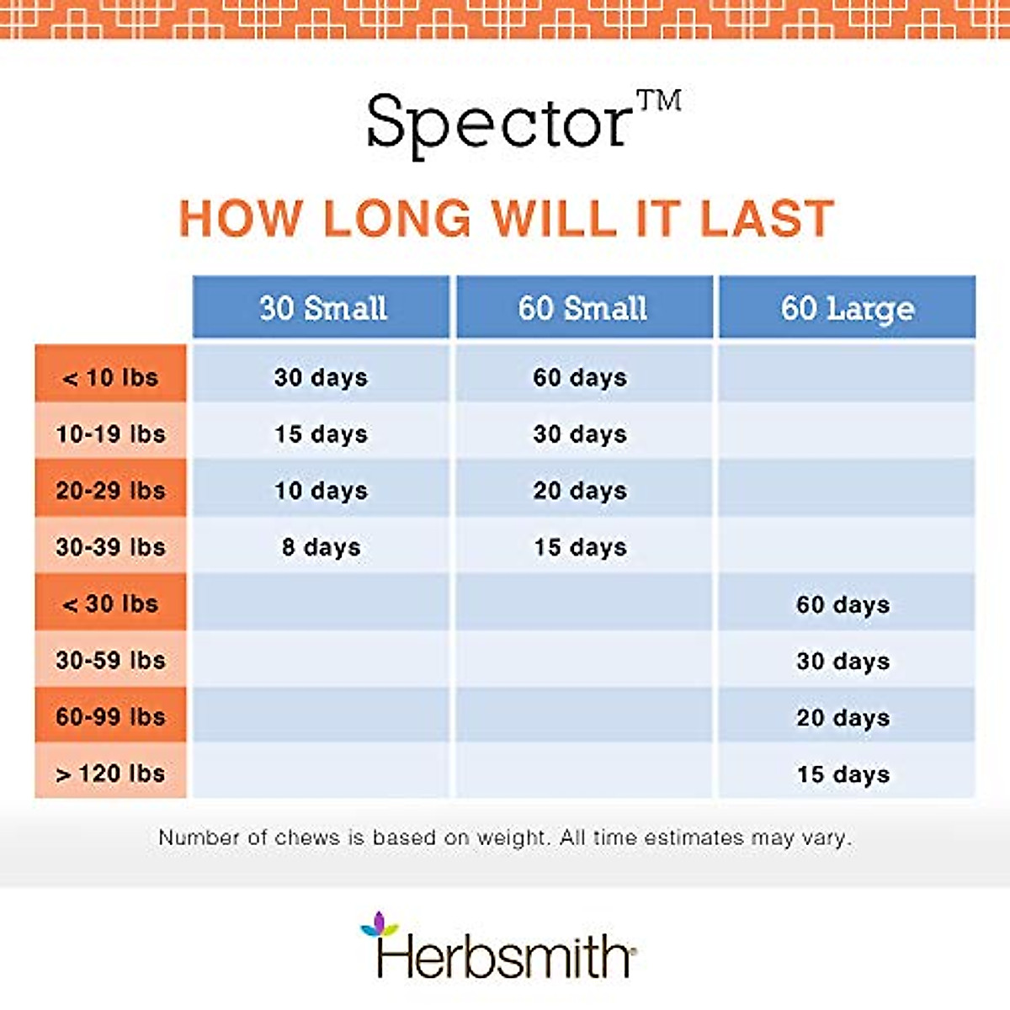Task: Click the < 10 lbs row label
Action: click(x=110, y=378)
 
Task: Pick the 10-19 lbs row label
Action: click(x=110, y=434)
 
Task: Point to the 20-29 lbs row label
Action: click(x=110, y=491)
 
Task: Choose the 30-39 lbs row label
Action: click(x=110, y=547)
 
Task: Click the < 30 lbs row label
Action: click(x=110, y=603)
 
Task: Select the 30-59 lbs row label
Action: click(x=110, y=661)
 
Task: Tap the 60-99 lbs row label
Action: click(x=110, y=717)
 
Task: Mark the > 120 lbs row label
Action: click(x=110, y=773)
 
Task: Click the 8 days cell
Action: click(x=322, y=548)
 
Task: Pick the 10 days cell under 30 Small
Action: click(x=322, y=491)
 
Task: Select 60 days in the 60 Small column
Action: click(x=580, y=378)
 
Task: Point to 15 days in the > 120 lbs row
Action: click(x=843, y=774)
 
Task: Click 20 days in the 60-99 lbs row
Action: click(x=843, y=718)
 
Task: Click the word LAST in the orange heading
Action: click(x=767, y=218)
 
